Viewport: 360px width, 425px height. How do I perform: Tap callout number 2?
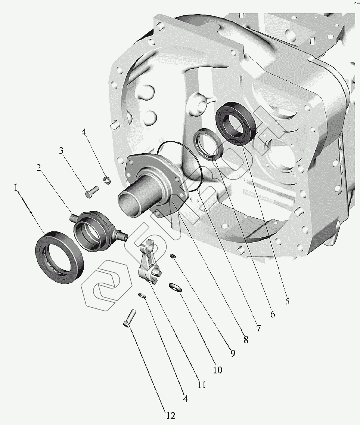39,168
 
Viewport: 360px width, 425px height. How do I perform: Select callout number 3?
62,150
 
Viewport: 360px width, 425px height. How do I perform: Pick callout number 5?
287,301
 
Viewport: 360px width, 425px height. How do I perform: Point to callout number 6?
273,314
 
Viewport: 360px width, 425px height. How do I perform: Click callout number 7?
258,329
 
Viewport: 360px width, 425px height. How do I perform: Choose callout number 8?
246,340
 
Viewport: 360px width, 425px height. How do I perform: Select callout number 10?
217,370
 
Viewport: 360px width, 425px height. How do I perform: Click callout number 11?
202,385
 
